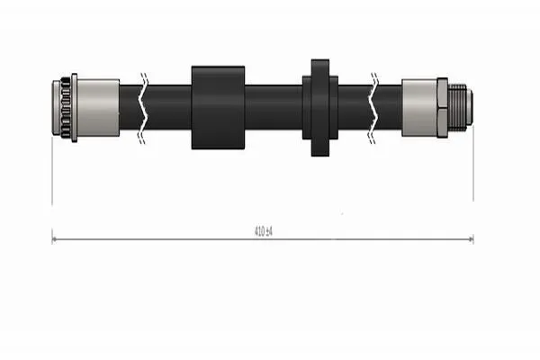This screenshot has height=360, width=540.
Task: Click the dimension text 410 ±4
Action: tap(263, 231)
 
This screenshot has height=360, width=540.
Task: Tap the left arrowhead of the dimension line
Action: tap(54, 239)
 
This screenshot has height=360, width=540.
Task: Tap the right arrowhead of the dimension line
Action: tap(471, 239)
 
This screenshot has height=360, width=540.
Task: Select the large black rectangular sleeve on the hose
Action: tap(218, 108)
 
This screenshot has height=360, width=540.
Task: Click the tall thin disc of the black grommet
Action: tap(320, 108)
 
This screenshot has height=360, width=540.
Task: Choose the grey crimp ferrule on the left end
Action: tap(98, 108)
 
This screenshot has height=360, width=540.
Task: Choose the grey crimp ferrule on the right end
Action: tap(419, 108)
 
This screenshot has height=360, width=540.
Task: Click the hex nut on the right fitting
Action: tap(443, 108)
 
